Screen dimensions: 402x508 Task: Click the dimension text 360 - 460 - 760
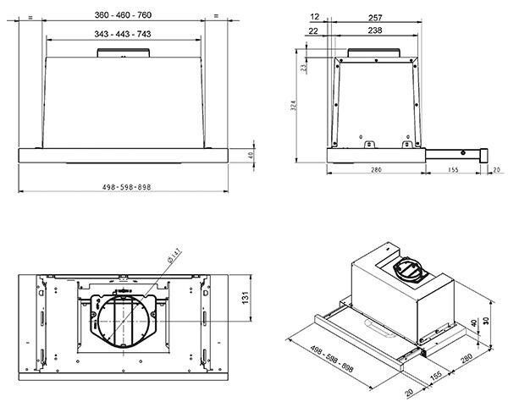[x=124, y=15]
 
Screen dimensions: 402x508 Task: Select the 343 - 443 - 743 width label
[x=124, y=33]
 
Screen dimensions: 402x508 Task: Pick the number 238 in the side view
[x=375, y=31]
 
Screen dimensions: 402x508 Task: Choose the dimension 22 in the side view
[x=316, y=31]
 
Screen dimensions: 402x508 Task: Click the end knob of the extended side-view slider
[x=486, y=155]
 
